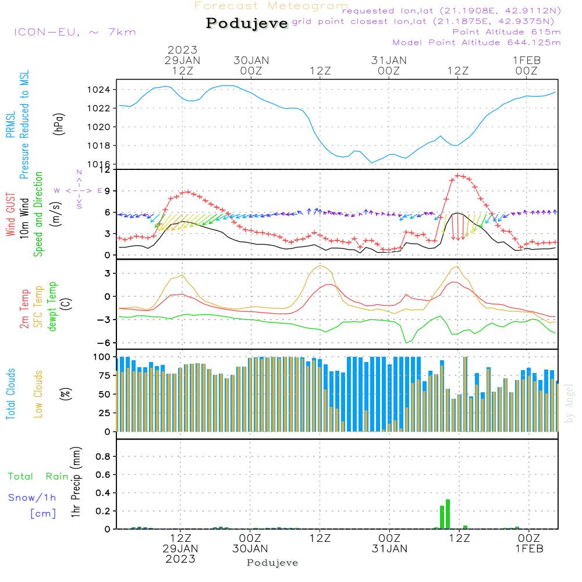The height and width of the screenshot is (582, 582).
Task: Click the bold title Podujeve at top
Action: click(247, 23)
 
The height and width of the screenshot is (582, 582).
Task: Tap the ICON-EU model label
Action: click(47, 32)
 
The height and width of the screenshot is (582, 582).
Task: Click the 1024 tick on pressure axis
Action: click(99, 90)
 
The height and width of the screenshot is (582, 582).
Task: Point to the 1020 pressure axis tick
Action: click(99, 127)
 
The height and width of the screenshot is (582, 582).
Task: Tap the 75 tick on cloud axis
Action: click(105, 375)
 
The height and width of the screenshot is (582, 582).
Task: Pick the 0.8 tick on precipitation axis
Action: click(103, 456)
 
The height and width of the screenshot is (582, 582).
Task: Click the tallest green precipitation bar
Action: click(448, 514)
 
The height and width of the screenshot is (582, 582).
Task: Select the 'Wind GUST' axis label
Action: click(10, 215)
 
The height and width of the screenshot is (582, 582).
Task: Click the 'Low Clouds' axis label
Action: click(38, 394)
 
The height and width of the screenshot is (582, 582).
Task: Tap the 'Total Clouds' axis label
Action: click(10, 394)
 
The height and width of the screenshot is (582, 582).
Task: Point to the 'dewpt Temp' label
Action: click(52, 306)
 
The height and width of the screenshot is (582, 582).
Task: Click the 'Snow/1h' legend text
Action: click(32, 498)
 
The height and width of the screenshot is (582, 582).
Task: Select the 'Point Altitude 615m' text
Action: click(506, 32)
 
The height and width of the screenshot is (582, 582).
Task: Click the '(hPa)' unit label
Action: click(59, 124)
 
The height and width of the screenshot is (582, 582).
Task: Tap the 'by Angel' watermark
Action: click(569, 403)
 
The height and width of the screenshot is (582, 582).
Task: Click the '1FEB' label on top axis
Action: click(527, 60)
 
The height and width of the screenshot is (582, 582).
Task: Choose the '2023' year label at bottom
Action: click(180, 559)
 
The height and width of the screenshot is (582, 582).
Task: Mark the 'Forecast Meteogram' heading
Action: click(271, 6)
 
